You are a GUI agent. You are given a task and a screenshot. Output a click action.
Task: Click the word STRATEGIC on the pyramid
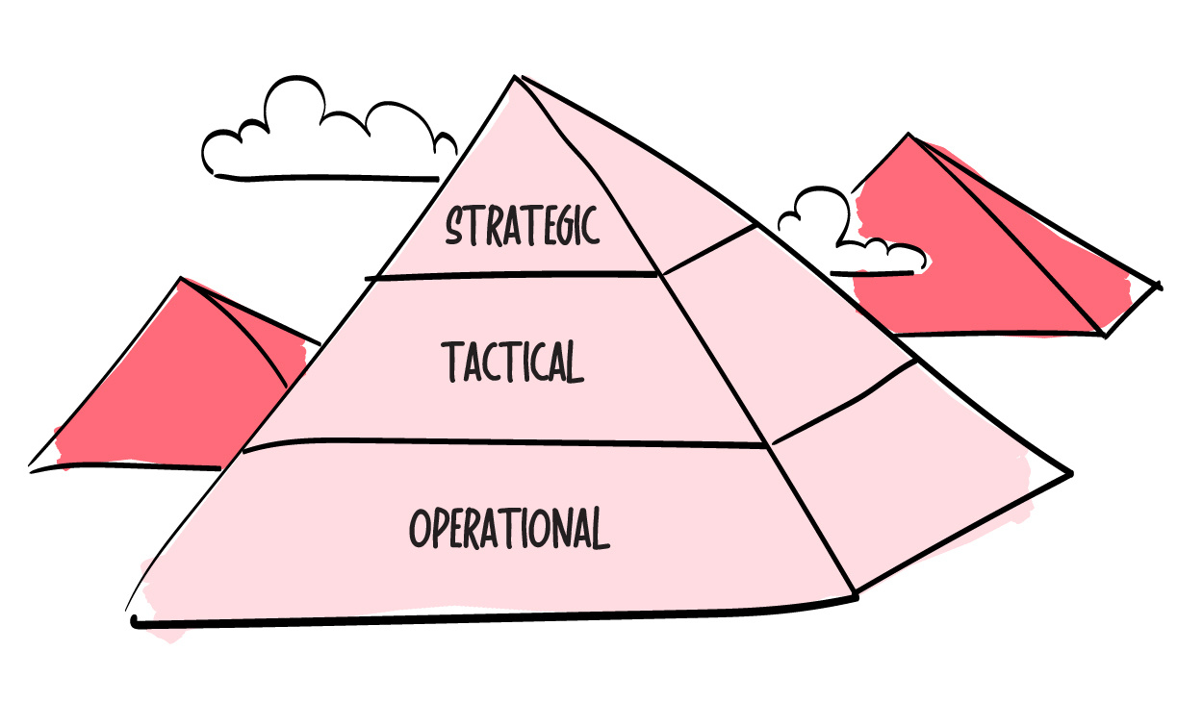522,225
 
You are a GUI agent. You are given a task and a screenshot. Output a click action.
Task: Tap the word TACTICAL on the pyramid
513,362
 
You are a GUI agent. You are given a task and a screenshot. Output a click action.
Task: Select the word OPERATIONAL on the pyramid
510,528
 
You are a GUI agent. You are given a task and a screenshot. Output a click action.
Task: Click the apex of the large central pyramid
515,77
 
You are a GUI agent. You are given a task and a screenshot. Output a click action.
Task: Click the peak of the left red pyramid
181,278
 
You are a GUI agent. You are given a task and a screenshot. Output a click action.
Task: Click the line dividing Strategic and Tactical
511,275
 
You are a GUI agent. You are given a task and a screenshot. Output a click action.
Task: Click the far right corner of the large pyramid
1071,473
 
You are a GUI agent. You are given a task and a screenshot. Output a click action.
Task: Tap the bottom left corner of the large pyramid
134,621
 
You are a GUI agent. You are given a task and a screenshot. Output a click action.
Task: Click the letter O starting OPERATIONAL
420,529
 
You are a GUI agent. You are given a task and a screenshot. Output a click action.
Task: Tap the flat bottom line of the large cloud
326,177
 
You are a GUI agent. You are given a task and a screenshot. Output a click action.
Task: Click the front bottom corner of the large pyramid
855,594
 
